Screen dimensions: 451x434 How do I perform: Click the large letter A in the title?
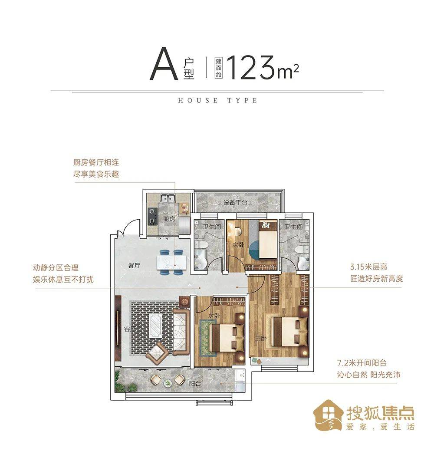164,66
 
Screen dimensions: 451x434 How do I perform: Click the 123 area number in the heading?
251,68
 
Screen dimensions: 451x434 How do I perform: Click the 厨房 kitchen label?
169,219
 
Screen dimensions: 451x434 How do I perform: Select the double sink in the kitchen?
166,199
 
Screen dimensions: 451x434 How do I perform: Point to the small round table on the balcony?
167,383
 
